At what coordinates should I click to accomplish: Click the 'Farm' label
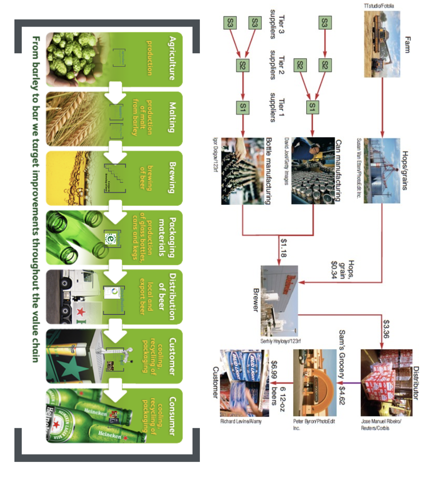click(408, 45)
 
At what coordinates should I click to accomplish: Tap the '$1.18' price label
click(283, 248)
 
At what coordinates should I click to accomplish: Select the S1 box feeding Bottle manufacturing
click(243, 107)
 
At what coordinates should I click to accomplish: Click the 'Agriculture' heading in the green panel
click(172, 58)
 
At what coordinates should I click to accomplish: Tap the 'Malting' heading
click(172, 118)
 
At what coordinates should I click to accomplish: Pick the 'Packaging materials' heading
click(167, 236)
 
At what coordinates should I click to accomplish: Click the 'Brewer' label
click(256, 300)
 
